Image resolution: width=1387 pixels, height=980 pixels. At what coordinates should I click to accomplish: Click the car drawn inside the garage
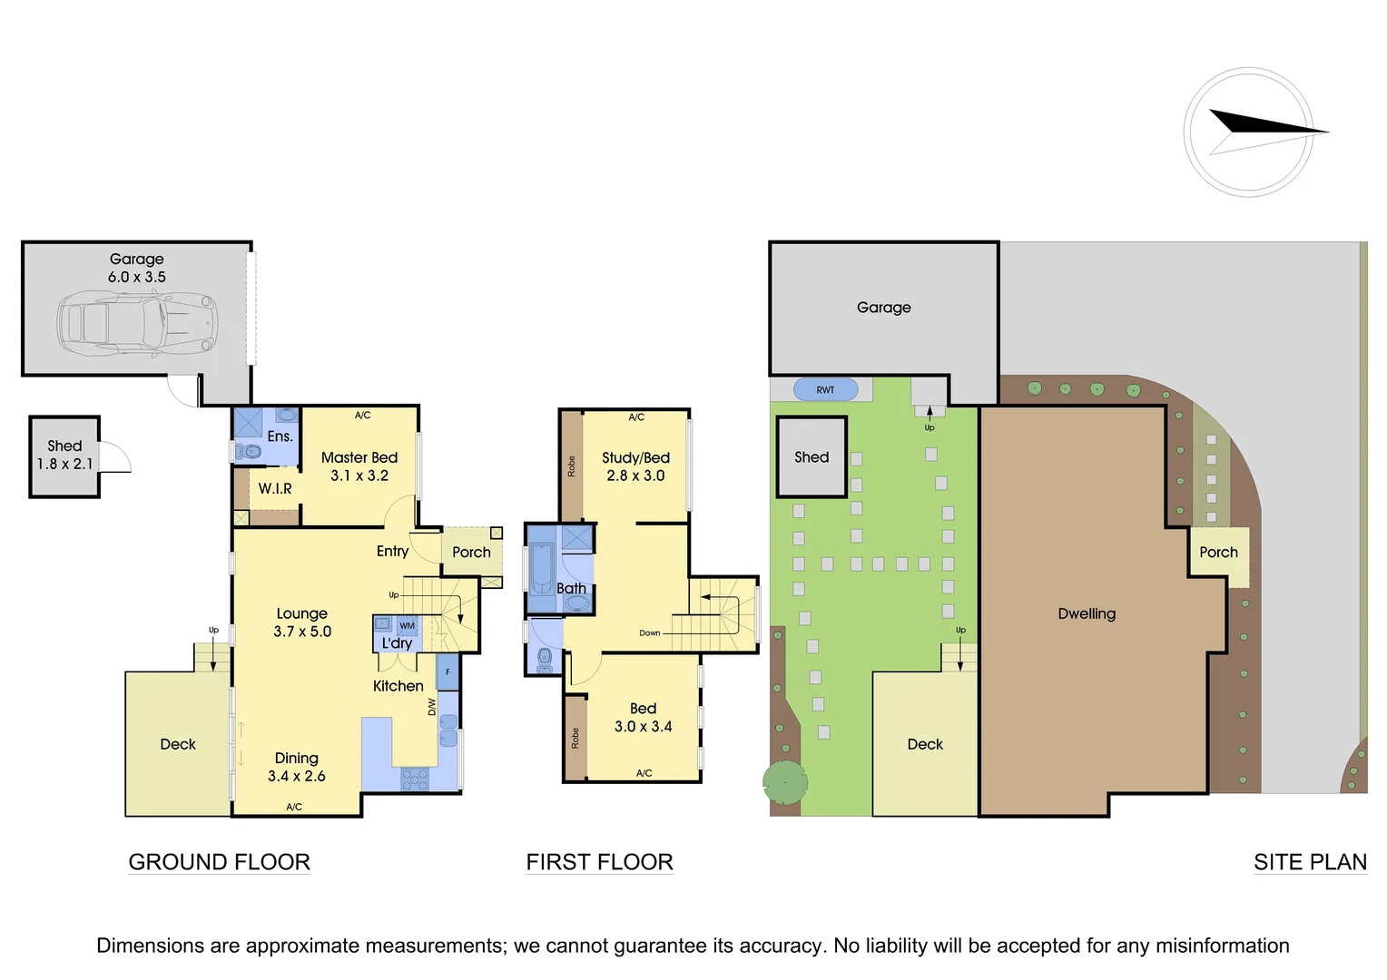[137, 322]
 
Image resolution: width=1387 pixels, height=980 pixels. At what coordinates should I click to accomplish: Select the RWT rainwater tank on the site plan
[825, 390]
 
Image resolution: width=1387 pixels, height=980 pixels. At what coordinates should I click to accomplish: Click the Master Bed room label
[359, 458]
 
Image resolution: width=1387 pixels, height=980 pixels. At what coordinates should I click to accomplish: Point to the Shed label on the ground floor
[64, 446]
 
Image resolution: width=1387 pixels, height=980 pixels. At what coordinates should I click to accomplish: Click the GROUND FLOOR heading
[219, 862]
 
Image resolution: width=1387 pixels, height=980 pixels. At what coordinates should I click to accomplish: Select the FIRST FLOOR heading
[599, 862]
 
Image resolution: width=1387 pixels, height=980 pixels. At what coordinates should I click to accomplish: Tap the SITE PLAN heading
[1310, 862]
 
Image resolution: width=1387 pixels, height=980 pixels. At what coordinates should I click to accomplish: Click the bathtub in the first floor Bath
[542, 567]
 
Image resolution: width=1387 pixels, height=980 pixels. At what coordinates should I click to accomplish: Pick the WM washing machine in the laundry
[407, 625]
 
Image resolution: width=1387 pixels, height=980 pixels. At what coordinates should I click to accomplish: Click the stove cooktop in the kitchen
[415, 779]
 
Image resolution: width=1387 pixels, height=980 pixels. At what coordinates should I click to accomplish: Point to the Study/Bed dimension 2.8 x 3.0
[635, 475]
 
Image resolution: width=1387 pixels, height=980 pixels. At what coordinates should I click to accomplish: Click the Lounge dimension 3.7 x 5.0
[302, 632]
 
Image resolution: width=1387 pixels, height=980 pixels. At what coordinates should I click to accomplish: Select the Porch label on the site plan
[1218, 552]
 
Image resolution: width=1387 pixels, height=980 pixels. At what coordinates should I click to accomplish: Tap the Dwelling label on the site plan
[1087, 613]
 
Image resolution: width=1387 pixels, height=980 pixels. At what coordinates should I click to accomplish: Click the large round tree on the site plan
[784, 782]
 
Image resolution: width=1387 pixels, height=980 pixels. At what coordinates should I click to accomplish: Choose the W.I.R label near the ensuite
[275, 489]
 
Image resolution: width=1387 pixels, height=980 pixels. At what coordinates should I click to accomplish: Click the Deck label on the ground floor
[178, 744]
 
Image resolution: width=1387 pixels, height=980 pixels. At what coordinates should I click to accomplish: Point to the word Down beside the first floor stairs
[650, 633]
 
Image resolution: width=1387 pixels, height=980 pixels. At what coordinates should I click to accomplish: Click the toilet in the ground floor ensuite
[248, 451]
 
